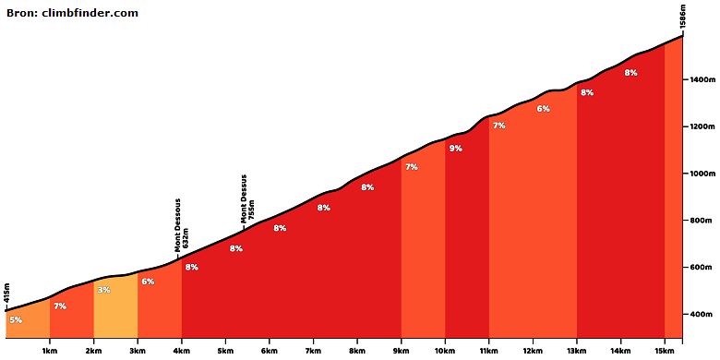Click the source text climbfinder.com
tap(90, 13)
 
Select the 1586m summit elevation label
tap(683, 18)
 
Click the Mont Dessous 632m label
tap(181, 225)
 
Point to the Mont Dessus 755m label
tap(247, 198)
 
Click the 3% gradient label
tap(103, 290)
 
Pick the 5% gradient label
tap(16, 319)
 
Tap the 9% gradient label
tap(455, 149)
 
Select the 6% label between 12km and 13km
tap(543, 109)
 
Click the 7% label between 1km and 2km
tap(60, 306)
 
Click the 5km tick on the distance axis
tap(225, 351)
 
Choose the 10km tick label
tap(445, 351)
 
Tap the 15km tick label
tap(665, 351)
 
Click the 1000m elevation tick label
tap(702, 174)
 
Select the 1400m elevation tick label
tap(702, 80)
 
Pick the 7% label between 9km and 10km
tap(412, 167)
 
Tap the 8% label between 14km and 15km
tap(630, 73)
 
